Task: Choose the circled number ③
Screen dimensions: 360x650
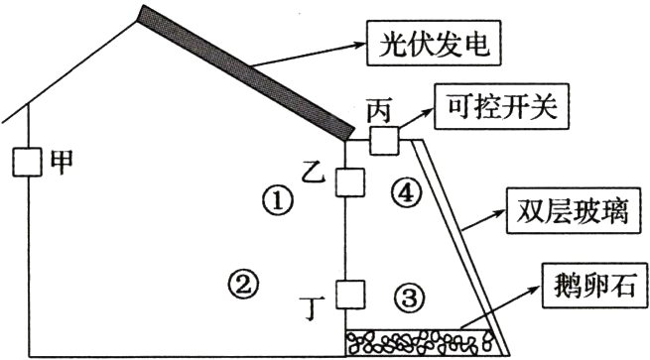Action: coord(409,296)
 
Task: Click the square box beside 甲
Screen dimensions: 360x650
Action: coord(27,162)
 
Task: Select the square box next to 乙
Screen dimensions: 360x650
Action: coord(347,183)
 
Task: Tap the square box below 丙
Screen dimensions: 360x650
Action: coord(382,141)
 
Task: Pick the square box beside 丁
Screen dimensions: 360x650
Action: coord(347,295)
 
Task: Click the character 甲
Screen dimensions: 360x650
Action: coord(62,162)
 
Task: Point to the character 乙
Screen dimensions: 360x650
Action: coord(313,175)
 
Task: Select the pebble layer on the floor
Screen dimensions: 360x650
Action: coord(421,342)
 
